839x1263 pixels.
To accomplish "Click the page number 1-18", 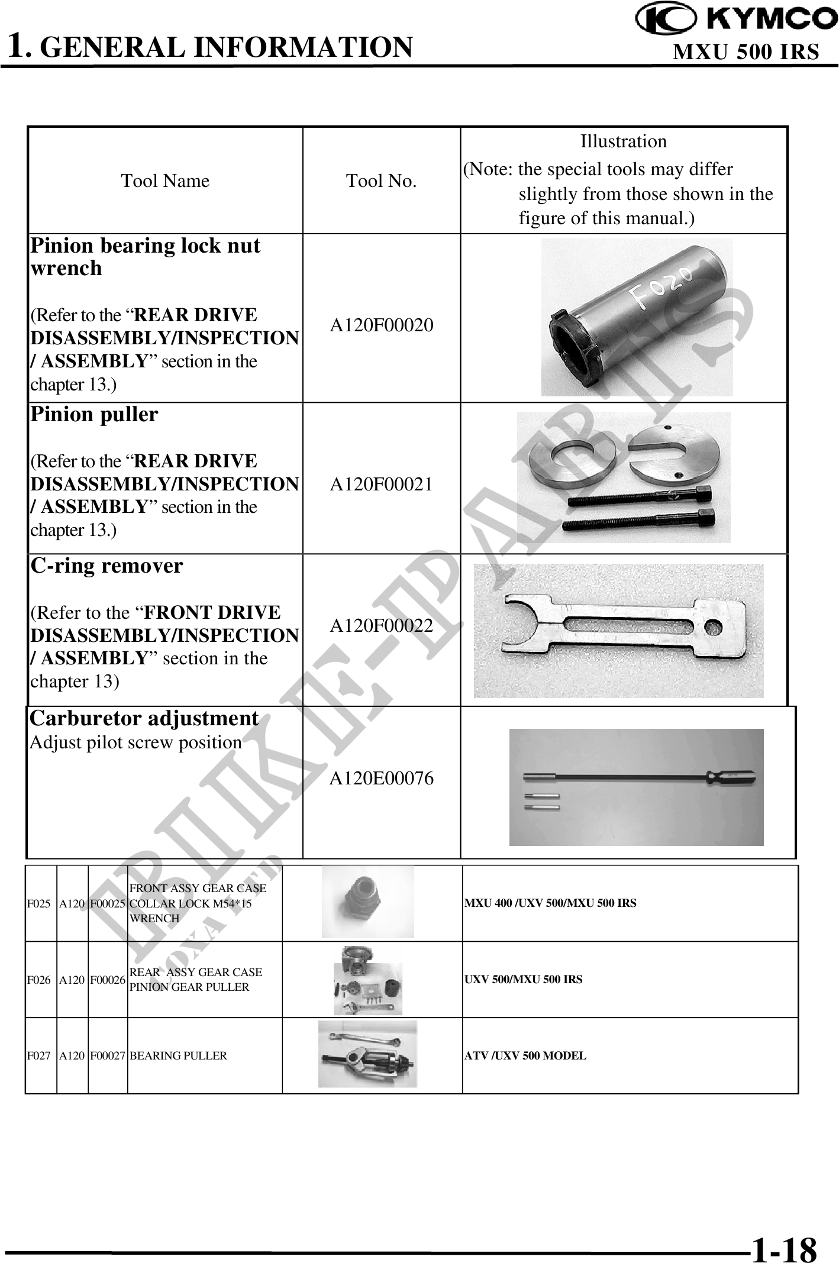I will pos(783,1234).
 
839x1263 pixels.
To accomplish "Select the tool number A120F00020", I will pos(381,325).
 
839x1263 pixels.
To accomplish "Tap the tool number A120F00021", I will pos(381,484).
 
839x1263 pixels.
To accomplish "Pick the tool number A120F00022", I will pos(381,625).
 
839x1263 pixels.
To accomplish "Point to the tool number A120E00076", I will pos(381,779).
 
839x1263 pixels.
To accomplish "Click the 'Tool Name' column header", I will pos(165,181).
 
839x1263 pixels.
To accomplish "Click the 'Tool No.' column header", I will pos(381,181).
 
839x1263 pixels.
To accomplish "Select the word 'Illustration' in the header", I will pos(623,141).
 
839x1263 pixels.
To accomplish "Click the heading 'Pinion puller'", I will pos(94,414).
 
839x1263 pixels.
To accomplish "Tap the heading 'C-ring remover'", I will pos(107,566).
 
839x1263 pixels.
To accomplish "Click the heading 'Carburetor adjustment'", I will pos(144,718).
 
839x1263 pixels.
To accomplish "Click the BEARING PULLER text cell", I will pos(178,1056).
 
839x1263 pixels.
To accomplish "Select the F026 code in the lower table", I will pos(39,980).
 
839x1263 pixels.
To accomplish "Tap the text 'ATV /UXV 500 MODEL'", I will pos(525,1056).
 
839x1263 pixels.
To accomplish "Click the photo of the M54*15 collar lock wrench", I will pos(367,903).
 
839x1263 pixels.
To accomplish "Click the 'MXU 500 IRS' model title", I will pos(746,52).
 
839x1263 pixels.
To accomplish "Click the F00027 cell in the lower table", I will pos(107,1056).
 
